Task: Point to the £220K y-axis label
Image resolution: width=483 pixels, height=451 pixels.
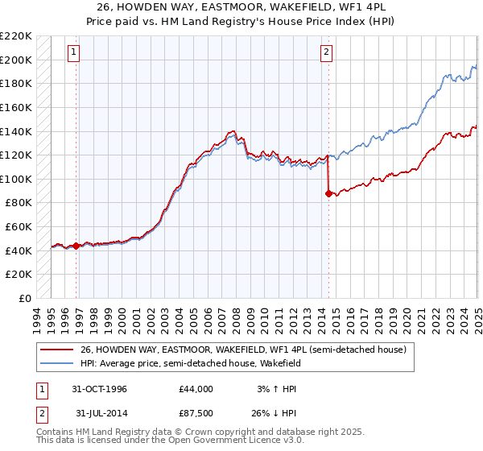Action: pos(16,36)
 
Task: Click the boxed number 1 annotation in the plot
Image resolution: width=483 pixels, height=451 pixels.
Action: pos(73,53)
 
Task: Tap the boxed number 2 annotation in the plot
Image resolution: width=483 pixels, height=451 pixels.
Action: pos(327,53)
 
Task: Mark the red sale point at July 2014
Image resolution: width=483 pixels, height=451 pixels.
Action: pos(328,193)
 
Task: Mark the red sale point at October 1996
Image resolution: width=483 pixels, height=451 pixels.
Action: pos(76,246)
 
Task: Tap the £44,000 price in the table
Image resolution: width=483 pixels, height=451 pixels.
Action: pos(196,388)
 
